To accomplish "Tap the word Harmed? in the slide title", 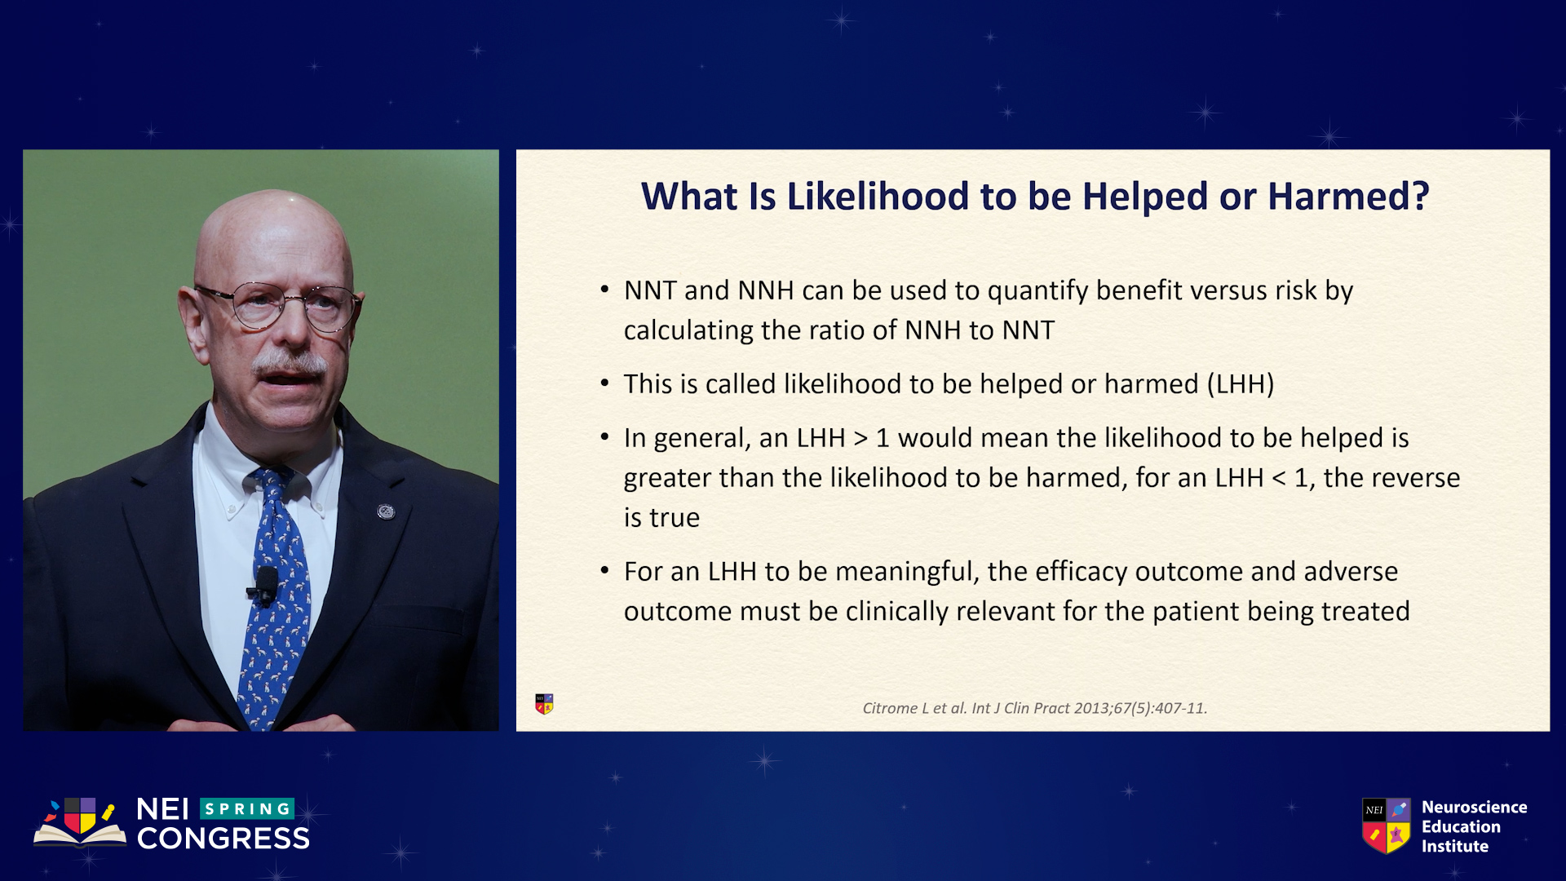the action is [1348, 197].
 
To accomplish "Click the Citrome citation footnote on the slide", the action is [1035, 708].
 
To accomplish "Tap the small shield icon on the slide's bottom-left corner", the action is [544, 704].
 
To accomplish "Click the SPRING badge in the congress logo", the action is [246, 808].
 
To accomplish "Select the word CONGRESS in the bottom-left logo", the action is [223, 839].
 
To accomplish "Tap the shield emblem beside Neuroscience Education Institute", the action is [1386, 826].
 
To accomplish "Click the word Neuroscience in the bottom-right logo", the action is [1475, 807].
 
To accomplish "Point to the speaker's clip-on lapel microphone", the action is [264, 586].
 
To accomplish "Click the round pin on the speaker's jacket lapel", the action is [386, 511].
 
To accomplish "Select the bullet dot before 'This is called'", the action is [604, 383].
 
